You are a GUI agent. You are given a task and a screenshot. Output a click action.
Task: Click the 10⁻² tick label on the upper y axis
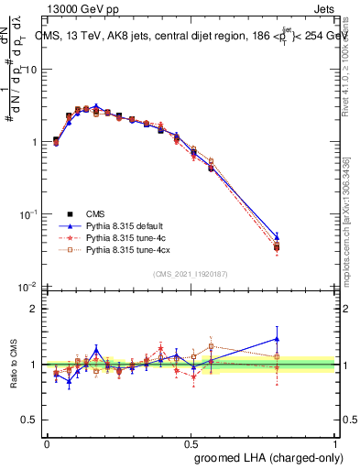(28, 287)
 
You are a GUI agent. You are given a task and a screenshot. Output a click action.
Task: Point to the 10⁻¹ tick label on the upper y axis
(28, 214)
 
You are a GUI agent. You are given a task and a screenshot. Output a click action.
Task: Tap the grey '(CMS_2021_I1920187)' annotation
(191, 274)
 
